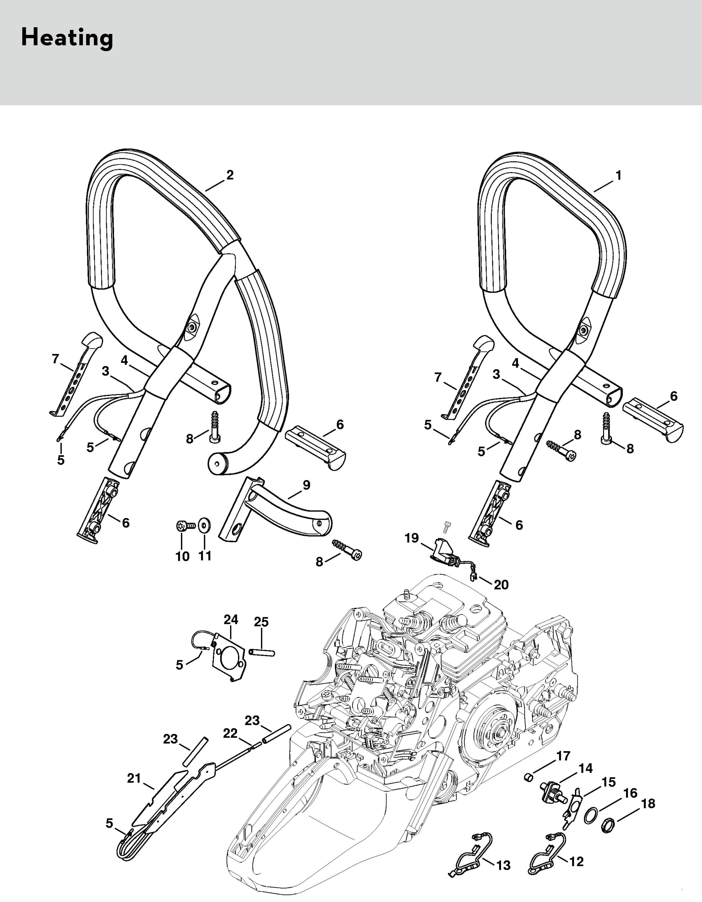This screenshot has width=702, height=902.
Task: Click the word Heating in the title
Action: point(67,38)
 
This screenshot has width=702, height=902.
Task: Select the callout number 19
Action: point(412,538)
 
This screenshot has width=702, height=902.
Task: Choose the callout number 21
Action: point(134,779)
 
